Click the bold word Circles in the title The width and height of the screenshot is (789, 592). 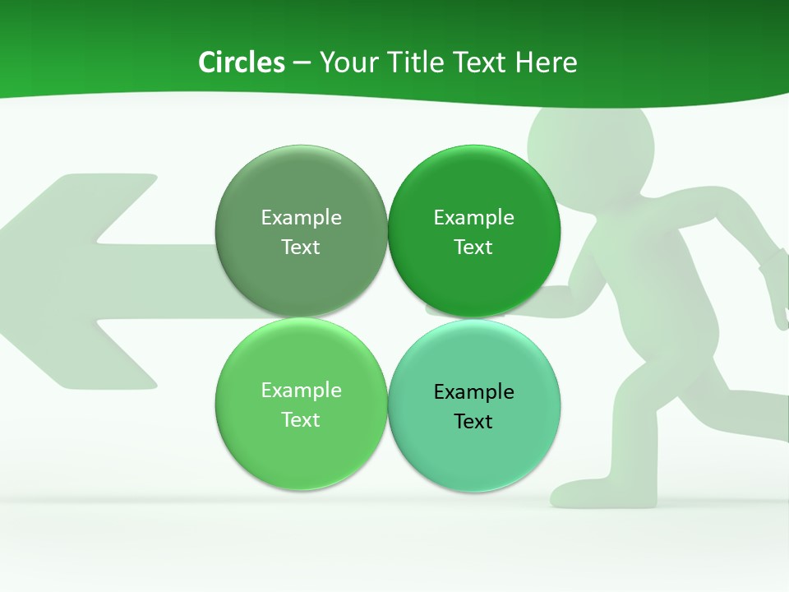[x=241, y=62]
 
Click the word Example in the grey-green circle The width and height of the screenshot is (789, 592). [x=301, y=218]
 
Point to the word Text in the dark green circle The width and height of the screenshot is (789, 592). [x=473, y=247]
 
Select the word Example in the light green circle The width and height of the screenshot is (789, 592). [x=301, y=391]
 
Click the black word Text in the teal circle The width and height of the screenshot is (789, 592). [x=473, y=422]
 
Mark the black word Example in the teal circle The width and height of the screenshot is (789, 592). [x=473, y=392]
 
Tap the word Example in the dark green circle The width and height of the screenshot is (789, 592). [x=473, y=218]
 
